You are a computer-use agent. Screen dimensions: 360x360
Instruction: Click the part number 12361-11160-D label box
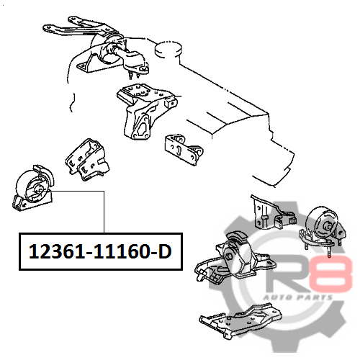[x=101, y=251]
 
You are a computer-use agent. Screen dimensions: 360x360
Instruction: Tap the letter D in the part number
[x=164, y=251]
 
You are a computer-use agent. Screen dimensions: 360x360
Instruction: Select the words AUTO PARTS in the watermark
[x=298, y=297]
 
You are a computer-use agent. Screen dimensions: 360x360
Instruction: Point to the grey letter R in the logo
[x=288, y=274]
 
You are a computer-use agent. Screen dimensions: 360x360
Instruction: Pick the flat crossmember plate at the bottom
[x=240, y=321]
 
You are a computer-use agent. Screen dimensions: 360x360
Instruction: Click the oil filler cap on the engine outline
[x=168, y=49]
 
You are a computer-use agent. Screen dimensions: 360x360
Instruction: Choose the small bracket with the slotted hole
[x=184, y=149]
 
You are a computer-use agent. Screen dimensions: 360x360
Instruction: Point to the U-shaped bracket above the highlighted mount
[x=87, y=160]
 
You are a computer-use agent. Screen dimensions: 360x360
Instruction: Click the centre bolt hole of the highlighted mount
[x=38, y=189]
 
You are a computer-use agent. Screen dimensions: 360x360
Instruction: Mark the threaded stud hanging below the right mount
[x=329, y=251]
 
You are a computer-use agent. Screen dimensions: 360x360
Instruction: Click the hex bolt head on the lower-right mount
[x=229, y=257]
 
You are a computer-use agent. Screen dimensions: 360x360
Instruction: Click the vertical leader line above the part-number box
[x=104, y=212]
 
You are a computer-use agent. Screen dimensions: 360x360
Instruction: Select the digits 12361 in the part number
[x=57, y=251]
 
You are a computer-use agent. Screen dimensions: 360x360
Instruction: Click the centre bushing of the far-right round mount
[x=328, y=225]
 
